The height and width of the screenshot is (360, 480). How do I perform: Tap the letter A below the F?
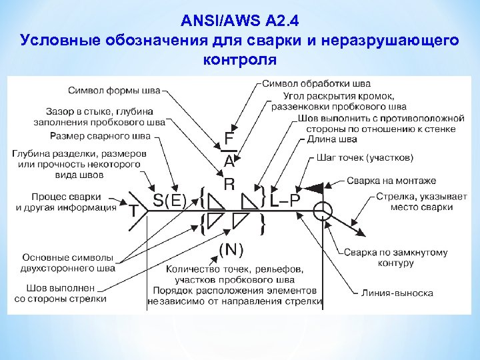click(x=229, y=161)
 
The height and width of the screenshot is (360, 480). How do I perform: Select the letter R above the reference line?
click(x=229, y=183)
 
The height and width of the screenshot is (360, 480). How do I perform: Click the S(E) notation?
click(x=170, y=199)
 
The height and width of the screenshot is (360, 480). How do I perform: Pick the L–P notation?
click(x=285, y=198)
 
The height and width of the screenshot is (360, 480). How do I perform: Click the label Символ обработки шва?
click(x=316, y=84)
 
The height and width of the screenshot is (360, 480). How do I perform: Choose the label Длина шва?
click(x=331, y=139)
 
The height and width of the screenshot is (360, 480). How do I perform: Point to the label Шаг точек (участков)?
click(x=369, y=158)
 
